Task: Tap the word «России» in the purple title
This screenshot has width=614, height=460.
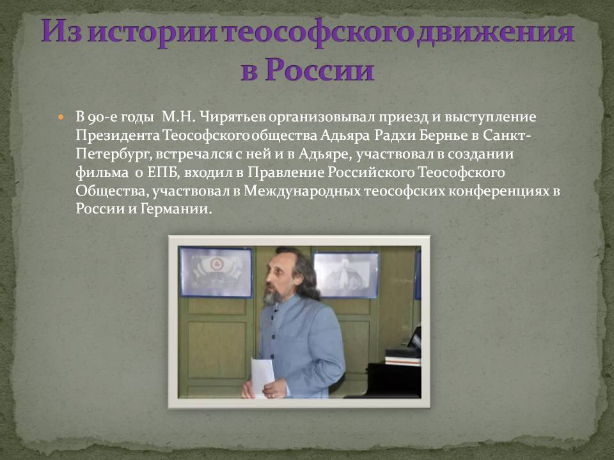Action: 319,70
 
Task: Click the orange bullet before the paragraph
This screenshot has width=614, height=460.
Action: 60,117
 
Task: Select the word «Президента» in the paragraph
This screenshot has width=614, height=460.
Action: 118,135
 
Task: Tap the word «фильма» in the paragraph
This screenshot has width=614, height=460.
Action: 102,172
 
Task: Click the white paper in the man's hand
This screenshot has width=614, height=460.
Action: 262,376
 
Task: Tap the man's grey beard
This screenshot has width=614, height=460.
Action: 272,297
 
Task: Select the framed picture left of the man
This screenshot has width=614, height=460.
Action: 216,272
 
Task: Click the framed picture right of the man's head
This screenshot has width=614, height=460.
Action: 346,274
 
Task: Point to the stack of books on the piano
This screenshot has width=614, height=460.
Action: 402,357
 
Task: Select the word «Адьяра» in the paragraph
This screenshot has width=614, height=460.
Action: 345,135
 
